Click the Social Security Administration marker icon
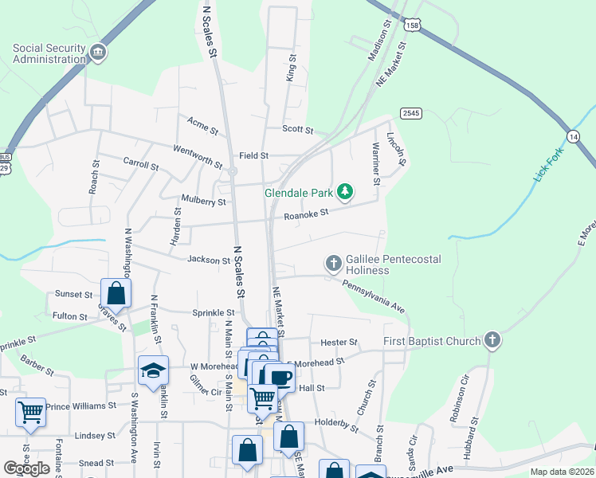coord(98,53)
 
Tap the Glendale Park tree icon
coord(345,191)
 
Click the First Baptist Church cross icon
coord(492,341)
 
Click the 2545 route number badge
coord(411,113)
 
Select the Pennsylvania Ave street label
coord(374,296)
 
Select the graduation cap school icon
coord(153,369)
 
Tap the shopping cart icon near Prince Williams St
coord(30,412)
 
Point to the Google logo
coord(26,468)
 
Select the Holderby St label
coord(337,421)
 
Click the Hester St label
coord(339,343)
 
